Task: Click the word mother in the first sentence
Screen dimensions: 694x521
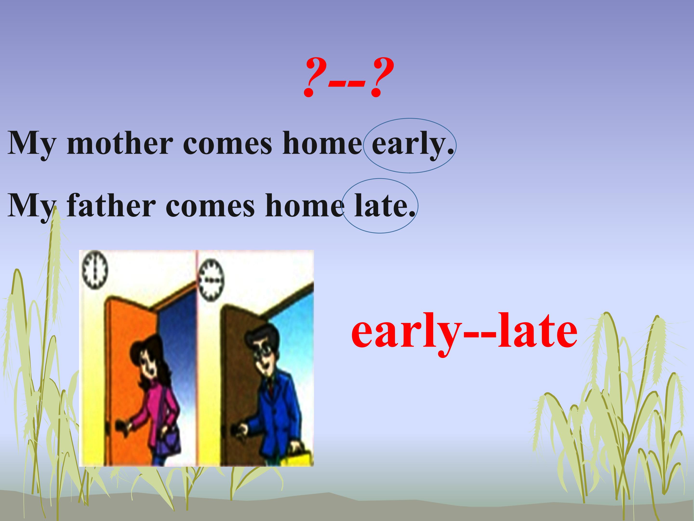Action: tap(120, 144)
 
